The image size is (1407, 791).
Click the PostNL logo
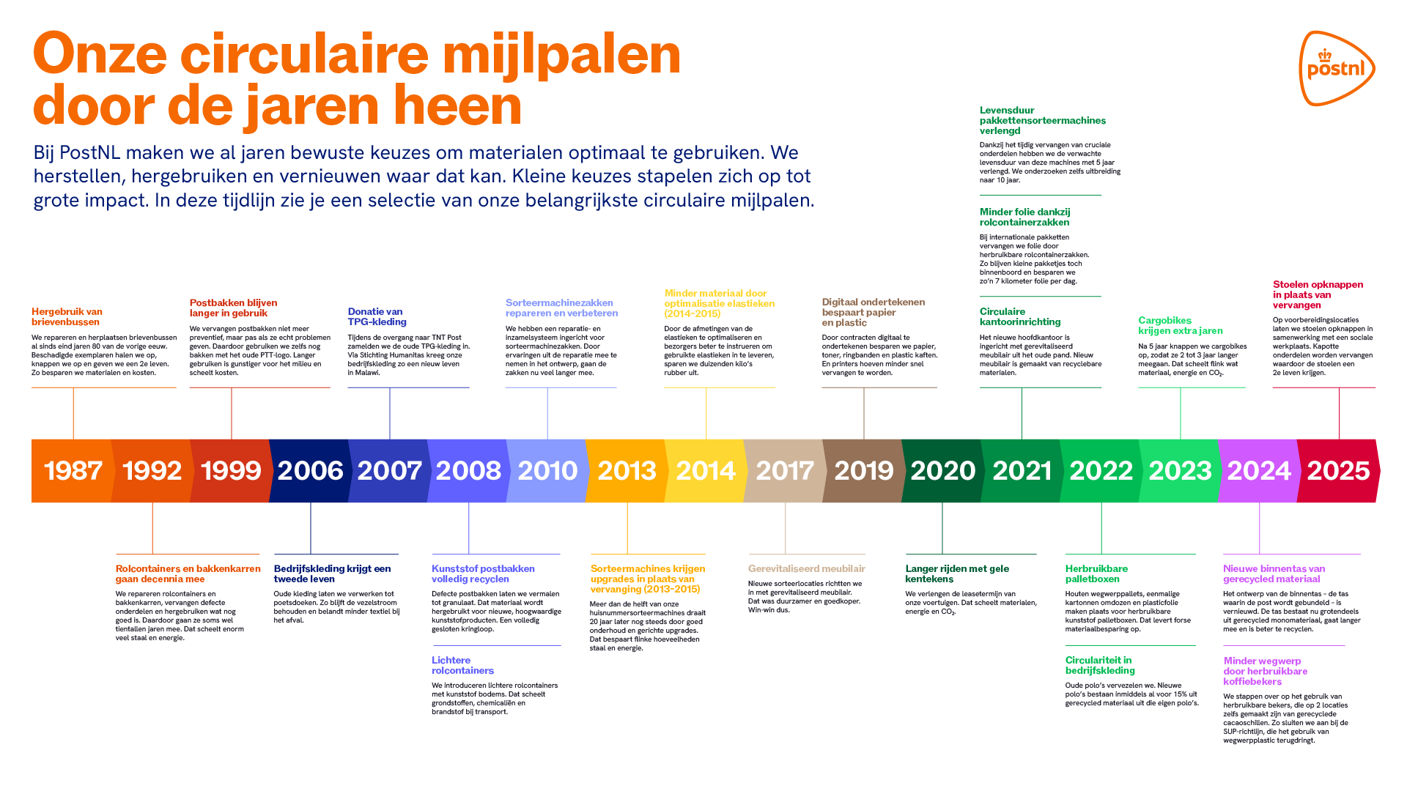pyautogui.click(x=1337, y=68)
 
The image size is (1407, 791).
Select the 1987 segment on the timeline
pyautogui.click(x=73, y=470)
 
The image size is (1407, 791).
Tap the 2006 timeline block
pyautogui.click(x=310, y=470)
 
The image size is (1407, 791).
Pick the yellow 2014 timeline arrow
pyautogui.click(x=705, y=470)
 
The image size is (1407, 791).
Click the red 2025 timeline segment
pyautogui.click(x=1338, y=470)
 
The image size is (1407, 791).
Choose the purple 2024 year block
pyautogui.click(x=1258, y=470)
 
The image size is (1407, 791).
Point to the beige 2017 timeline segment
pyautogui.click(x=784, y=470)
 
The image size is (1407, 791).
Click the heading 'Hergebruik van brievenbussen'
pyautogui.click(x=67, y=316)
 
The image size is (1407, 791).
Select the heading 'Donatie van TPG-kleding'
pyautogui.click(x=377, y=316)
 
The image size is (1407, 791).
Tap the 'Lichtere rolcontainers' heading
pyautogui.click(x=462, y=665)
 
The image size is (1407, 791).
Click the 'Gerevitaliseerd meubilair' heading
pyautogui.click(x=806, y=568)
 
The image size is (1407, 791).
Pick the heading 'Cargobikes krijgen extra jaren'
pyautogui.click(x=1180, y=325)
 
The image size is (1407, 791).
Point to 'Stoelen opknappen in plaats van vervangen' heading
pyautogui.click(x=1318, y=294)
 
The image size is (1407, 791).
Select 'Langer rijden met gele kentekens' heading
pyautogui.click(x=956, y=573)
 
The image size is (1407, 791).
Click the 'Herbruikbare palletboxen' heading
pyautogui.click(x=1096, y=573)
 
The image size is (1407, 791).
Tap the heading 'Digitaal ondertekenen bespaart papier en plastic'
pyautogui.click(x=873, y=312)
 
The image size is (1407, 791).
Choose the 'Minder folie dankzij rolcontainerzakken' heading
pyautogui.click(x=1024, y=217)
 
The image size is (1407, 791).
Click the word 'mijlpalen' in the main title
pyautogui.click(x=561, y=54)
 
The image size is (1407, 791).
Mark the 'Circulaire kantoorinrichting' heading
pyautogui.click(x=1019, y=316)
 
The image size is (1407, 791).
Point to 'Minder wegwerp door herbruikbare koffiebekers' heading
pyautogui.click(x=1265, y=671)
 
